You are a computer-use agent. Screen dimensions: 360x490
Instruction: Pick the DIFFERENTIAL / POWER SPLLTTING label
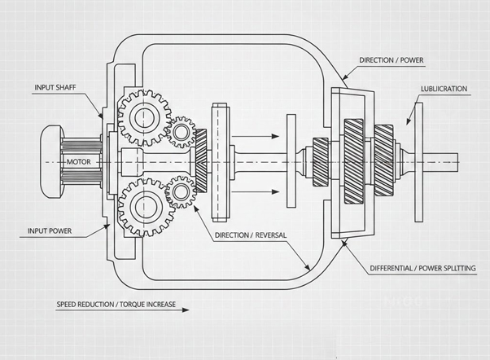tap(422, 267)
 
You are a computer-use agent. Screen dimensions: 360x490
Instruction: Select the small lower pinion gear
tap(177, 192)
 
